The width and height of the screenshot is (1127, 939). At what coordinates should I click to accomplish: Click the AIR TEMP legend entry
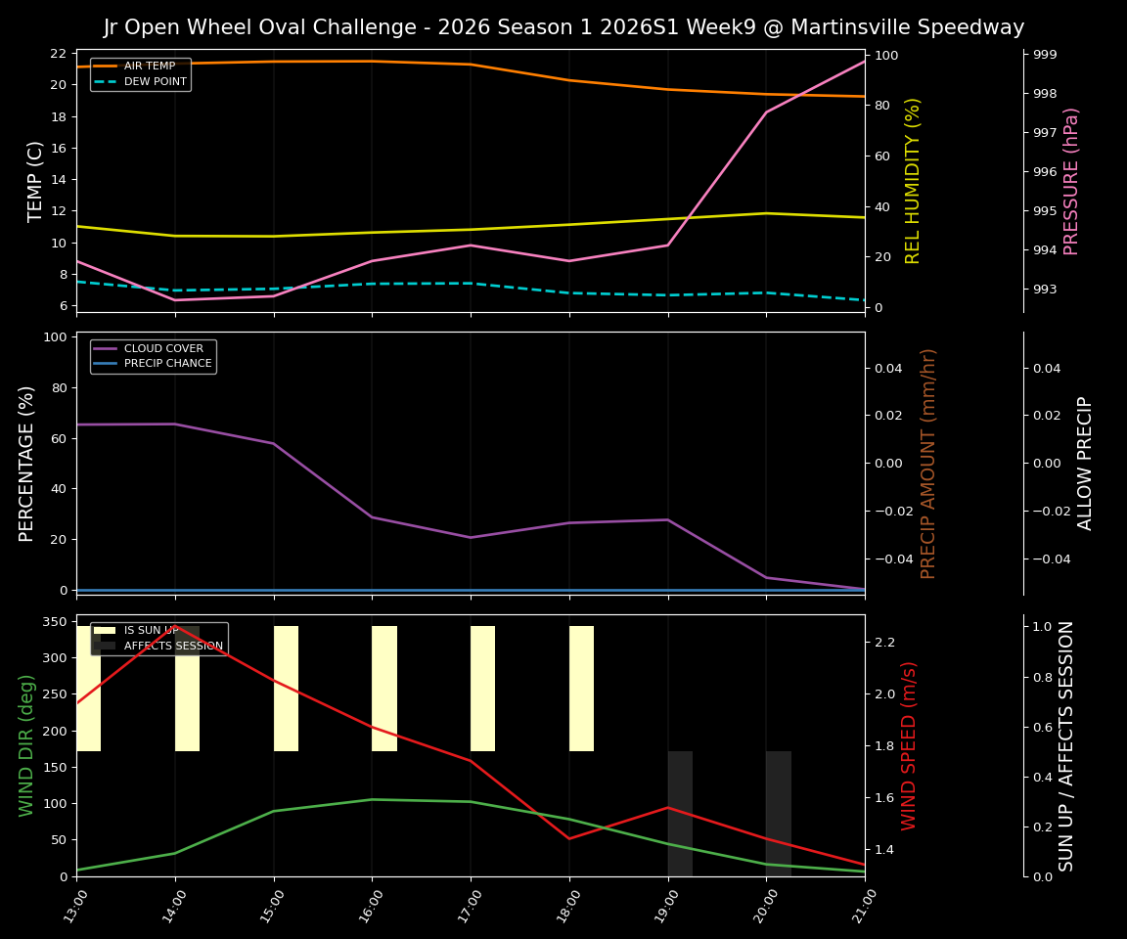(x=149, y=67)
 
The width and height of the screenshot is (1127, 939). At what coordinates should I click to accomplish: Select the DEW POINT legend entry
(x=155, y=82)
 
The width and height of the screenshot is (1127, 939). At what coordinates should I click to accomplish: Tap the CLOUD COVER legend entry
(x=163, y=348)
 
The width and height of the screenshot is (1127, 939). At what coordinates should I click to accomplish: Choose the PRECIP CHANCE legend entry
(x=167, y=364)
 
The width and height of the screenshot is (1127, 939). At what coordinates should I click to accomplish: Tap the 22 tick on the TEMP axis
(x=59, y=54)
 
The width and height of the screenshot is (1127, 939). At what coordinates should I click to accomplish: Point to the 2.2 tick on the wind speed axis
(x=884, y=643)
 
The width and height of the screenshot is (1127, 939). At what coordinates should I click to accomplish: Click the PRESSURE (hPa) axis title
(x=1071, y=181)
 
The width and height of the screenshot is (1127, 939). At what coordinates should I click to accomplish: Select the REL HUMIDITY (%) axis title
(x=913, y=181)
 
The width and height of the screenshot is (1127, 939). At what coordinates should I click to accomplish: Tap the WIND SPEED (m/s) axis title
(x=910, y=745)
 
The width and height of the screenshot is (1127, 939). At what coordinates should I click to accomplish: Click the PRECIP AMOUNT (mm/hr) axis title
(x=928, y=463)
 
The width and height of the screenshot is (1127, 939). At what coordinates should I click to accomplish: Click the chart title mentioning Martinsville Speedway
(x=563, y=27)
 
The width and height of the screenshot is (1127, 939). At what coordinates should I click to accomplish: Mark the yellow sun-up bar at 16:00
(x=384, y=689)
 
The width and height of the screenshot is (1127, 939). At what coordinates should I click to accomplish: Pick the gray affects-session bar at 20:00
(x=779, y=814)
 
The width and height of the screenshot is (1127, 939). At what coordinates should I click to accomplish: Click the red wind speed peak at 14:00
(x=176, y=626)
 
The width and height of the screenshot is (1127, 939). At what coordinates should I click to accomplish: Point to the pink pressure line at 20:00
(x=766, y=112)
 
